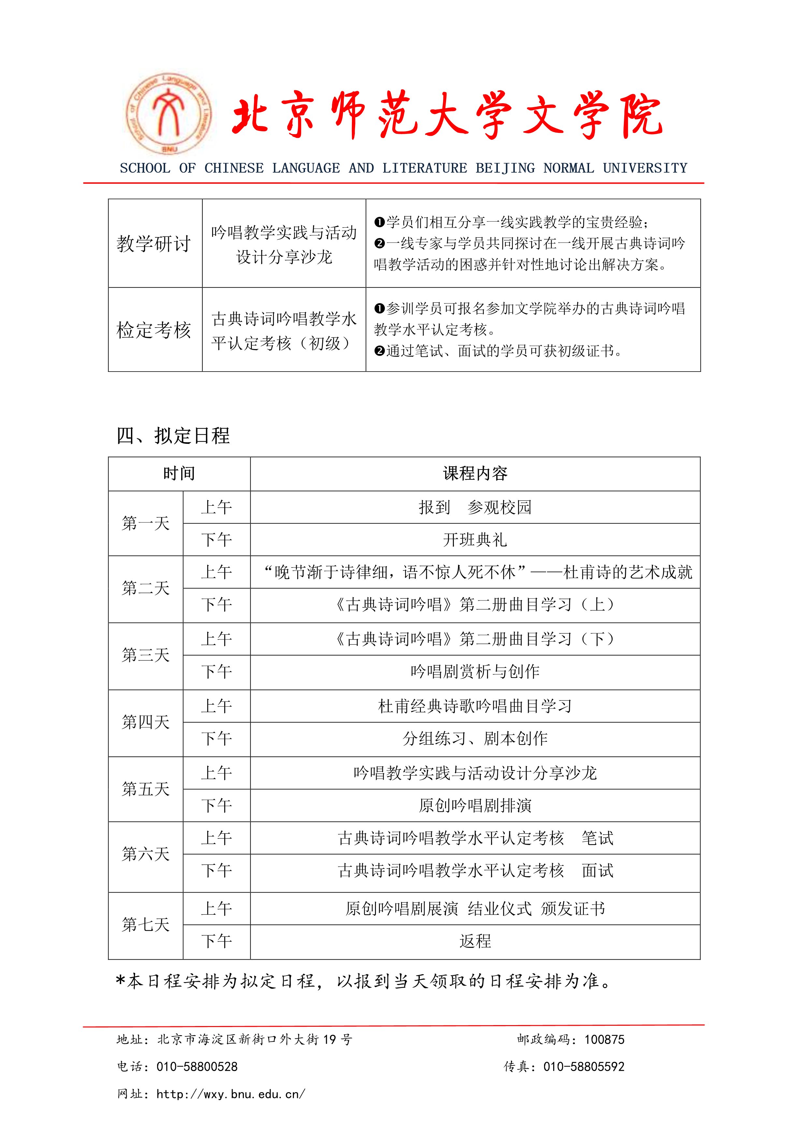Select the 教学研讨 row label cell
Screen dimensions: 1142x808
(x=154, y=244)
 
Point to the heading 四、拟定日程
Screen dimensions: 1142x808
(x=173, y=436)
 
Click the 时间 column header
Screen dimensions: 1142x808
(x=179, y=473)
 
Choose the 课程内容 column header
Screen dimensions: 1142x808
(x=475, y=473)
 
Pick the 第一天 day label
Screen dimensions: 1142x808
(x=146, y=523)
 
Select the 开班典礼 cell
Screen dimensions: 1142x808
(x=475, y=540)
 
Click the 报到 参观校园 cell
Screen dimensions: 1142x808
(x=475, y=507)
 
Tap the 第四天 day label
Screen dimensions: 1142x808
(x=146, y=722)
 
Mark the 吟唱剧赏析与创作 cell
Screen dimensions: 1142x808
(x=475, y=671)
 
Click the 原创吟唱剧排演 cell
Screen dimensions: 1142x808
(x=475, y=805)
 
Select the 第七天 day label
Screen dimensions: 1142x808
(x=146, y=925)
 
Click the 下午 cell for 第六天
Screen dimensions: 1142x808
(x=216, y=870)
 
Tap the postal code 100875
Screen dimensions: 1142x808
(x=604, y=1039)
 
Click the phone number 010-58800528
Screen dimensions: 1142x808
(x=197, y=1066)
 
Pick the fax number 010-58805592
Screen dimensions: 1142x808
(x=584, y=1066)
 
